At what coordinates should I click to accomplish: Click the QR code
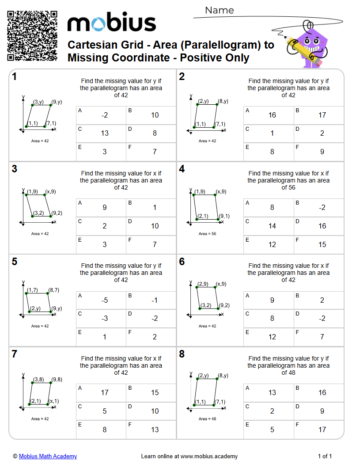32,36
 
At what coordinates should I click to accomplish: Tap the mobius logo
111,22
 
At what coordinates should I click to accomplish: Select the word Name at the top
220,10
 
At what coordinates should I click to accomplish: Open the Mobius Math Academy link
48,456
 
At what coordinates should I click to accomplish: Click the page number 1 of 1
325,456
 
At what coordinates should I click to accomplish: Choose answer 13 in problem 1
105,133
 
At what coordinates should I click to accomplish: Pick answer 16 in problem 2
272,115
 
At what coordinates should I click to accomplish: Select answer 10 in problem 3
155,226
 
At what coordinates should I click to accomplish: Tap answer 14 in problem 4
272,226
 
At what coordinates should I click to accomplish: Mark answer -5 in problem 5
105,300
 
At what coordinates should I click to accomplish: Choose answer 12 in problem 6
272,337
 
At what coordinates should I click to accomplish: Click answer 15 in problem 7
155,392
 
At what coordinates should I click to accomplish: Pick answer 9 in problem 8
322,411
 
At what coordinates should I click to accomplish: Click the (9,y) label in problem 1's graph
57,102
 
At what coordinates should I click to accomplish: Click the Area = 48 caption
207,419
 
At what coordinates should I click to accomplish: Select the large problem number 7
15,354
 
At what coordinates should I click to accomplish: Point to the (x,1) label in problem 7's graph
54,401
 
